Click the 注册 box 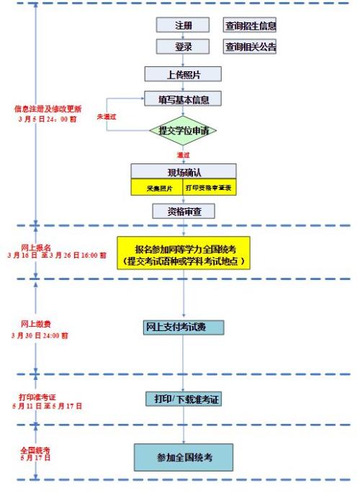(x=183, y=25)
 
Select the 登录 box (x=183, y=47)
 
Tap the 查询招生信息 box (x=250, y=25)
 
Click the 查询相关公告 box (x=250, y=47)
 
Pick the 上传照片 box (x=183, y=73)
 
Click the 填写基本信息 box (x=183, y=99)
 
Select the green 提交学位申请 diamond (x=183, y=130)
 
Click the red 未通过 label (x=107, y=116)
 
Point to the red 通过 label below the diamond (x=183, y=155)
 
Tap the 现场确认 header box (x=183, y=171)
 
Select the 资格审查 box (x=183, y=211)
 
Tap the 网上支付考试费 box (x=183, y=327)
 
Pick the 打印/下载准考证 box (x=182, y=398)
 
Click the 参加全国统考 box (x=183, y=456)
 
